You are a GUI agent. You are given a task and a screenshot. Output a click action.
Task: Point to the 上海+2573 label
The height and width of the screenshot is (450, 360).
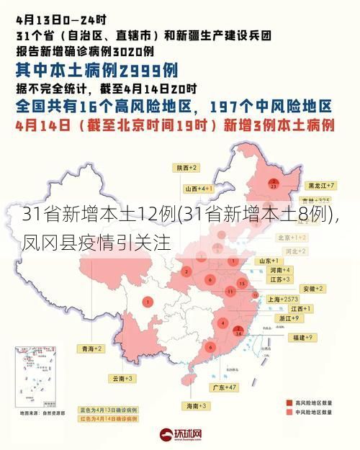click(282, 298)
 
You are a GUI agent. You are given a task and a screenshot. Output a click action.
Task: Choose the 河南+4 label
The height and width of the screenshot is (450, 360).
click(279, 269)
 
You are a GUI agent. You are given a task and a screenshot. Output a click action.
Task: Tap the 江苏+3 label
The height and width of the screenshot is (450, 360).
click(279, 279)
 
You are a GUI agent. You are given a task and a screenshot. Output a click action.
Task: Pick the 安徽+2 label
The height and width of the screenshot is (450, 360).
click(314, 288)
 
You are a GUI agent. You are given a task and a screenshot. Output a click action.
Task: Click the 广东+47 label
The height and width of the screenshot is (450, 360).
click(224, 387)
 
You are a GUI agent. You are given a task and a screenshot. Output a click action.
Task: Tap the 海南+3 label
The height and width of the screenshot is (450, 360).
click(198, 407)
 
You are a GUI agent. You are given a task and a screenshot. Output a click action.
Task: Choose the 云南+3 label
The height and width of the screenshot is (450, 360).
click(122, 377)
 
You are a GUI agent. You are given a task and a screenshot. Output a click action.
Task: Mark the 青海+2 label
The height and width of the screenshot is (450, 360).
click(91, 348)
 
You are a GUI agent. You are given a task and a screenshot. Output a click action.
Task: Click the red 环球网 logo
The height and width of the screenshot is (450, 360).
click(180, 436)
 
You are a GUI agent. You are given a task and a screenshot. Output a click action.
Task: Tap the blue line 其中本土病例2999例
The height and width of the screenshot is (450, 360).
click(97, 71)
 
